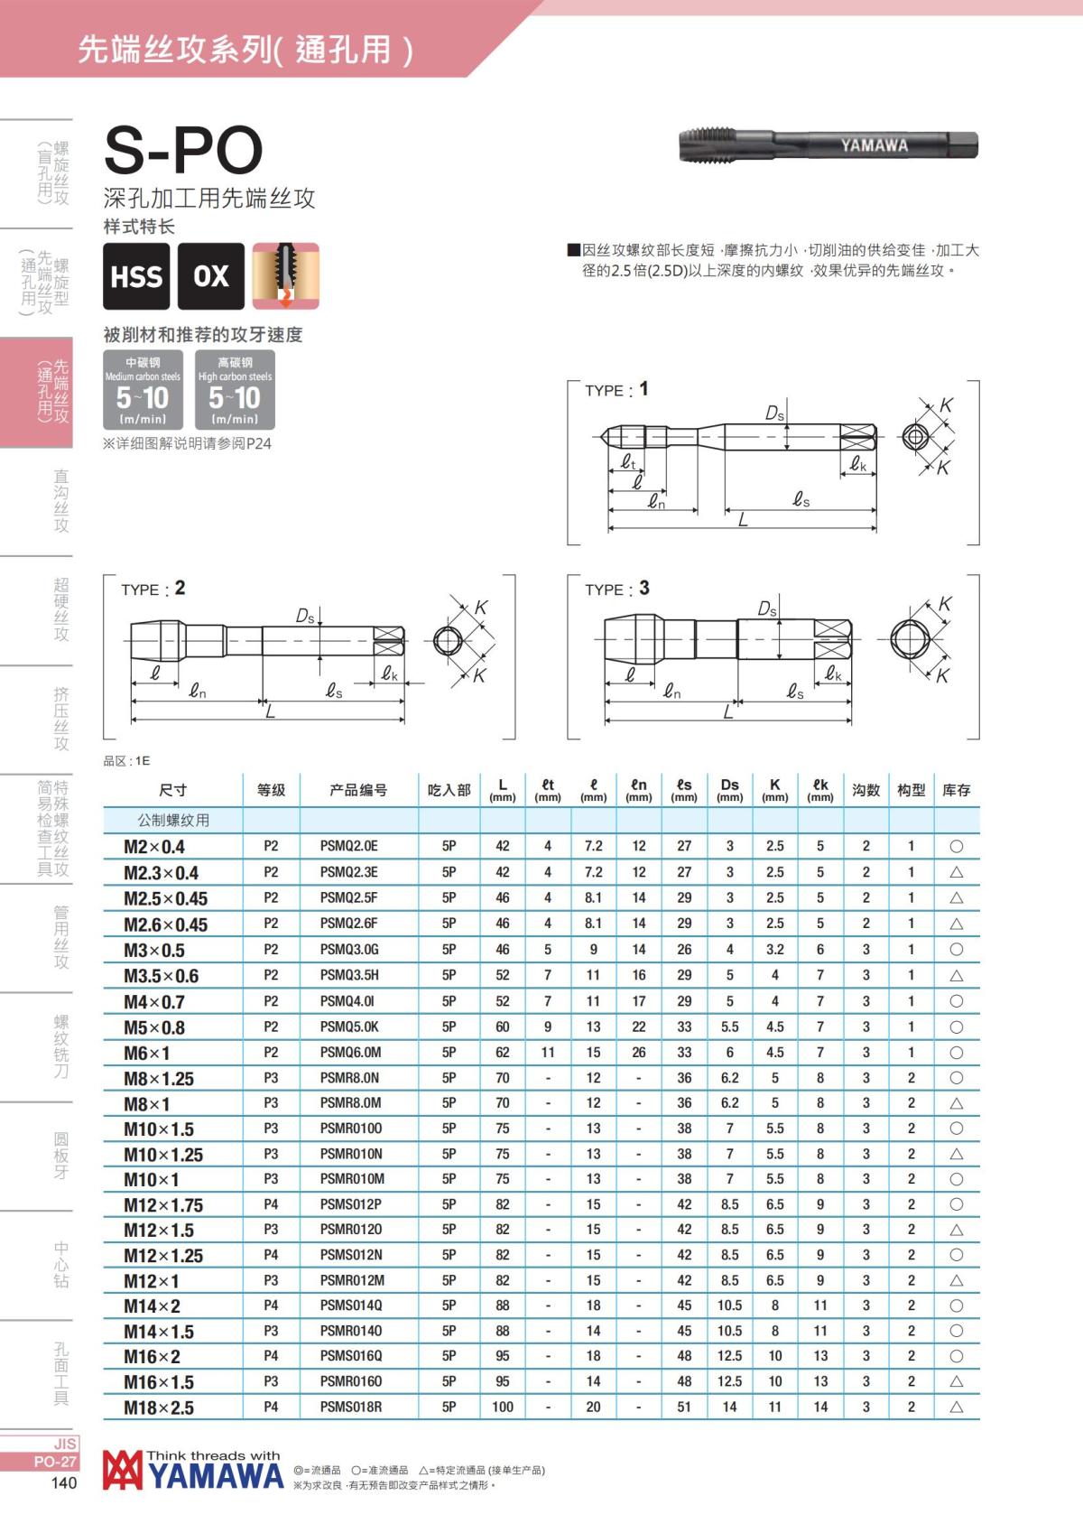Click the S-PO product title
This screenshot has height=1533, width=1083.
[x=183, y=150]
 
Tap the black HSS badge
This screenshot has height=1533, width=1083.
[x=136, y=276]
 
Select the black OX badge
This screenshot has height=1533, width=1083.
[x=211, y=276]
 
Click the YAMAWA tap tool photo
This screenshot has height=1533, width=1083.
[x=827, y=144]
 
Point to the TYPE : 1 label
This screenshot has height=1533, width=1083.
[x=616, y=390]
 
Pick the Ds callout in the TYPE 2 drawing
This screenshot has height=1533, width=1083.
[x=305, y=617]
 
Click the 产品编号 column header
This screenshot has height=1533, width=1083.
[x=358, y=790]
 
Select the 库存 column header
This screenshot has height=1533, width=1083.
[x=956, y=790]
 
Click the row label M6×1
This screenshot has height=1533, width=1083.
[x=147, y=1053]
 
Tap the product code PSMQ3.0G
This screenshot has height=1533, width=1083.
[x=349, y=950]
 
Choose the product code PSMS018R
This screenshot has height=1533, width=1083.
[x=350, y=1407]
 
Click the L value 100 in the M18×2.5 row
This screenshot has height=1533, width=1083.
[x=503, y=1407]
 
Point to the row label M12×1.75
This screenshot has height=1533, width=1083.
[x=163, y=1204]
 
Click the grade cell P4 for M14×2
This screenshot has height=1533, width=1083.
[x=271, y=1305]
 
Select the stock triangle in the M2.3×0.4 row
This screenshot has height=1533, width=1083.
[x=957, y=873]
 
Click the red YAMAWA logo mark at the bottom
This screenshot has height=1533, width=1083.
[x=123, y=1471]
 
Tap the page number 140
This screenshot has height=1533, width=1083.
[x=63, y=1483]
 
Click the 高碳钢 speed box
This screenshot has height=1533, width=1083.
[x=235, y=390]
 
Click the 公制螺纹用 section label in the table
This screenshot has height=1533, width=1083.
[x=173, y=821]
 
